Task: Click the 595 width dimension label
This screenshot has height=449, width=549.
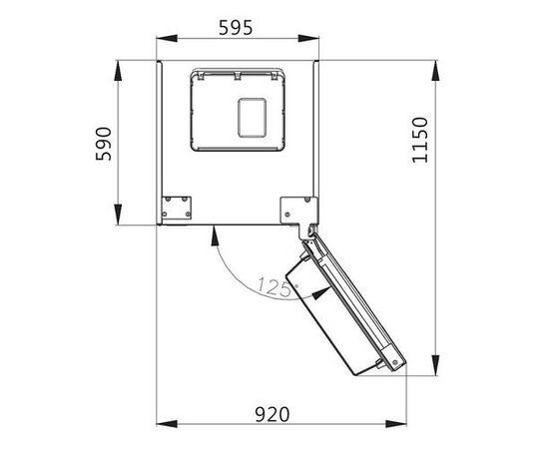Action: click(236, 28)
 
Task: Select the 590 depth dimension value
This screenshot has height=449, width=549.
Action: click(104, 144)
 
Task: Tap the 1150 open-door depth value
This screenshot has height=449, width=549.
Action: click(420, 140)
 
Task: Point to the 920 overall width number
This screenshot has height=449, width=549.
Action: click(273, 415)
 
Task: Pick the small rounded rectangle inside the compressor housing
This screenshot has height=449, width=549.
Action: click(252, 118)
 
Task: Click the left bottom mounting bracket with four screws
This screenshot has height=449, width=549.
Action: click(176, 208)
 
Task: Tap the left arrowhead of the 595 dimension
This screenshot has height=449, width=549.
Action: click(167, 38)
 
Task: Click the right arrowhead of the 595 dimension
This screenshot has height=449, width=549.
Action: click(308, 38)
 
